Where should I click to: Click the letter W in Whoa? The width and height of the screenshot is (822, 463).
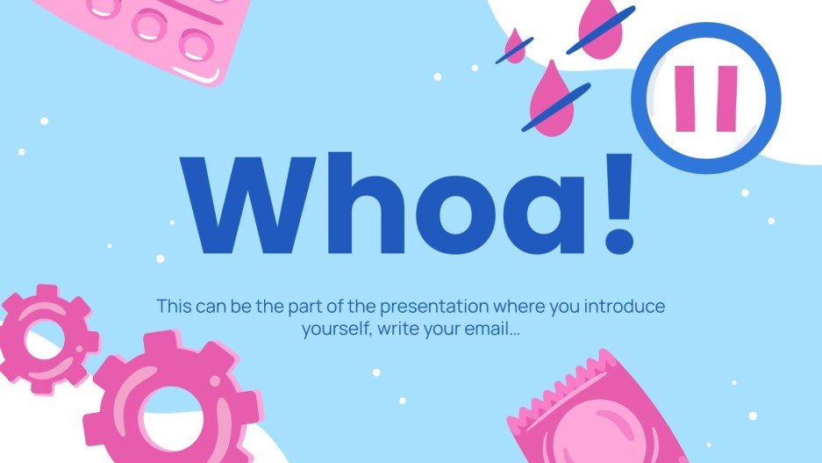point(247,204)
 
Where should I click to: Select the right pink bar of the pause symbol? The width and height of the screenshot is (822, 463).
point(726,98)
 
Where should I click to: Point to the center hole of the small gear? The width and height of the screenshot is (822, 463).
point(44,340)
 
